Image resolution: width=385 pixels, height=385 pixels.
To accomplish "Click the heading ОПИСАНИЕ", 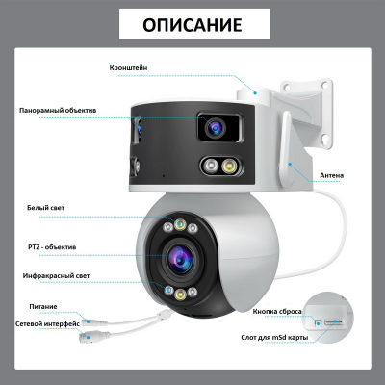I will (192, 24).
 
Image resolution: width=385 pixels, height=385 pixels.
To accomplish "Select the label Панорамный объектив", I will (58, 111).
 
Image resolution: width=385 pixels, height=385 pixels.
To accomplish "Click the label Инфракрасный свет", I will (57, 276).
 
